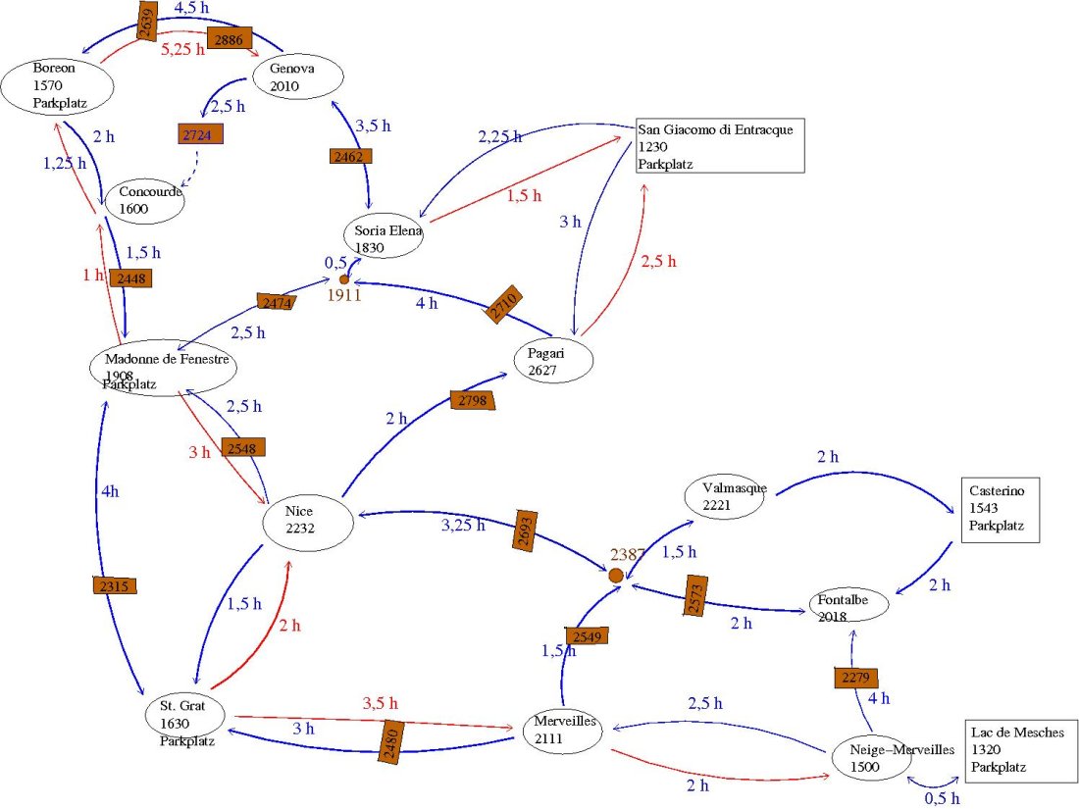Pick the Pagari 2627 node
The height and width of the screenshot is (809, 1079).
[x=553, y=360]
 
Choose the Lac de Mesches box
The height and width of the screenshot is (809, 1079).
[x=1022, y=750]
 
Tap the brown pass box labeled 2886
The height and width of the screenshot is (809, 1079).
[x=231, y=38]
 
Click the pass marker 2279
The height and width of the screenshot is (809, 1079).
[x=855, y=678]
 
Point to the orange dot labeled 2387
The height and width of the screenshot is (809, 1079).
[x=616, y=575]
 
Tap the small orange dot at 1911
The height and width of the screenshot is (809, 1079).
[x=344, y=280]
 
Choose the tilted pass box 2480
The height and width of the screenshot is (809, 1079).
[x=392, y=740]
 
